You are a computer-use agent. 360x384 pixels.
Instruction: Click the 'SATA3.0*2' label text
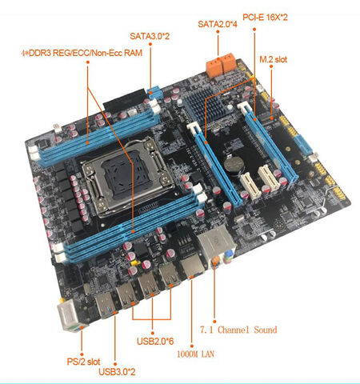150,36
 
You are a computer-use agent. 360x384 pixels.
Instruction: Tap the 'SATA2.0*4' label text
218,24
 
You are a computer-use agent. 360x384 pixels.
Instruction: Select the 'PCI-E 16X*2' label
265,18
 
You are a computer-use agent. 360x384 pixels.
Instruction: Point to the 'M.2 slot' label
274,59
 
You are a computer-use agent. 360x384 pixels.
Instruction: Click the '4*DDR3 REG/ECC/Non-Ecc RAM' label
82,53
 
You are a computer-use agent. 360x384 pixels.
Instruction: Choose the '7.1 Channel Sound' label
238,330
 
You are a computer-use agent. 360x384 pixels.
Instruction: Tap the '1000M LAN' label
195,354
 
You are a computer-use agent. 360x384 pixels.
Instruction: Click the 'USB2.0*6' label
155,341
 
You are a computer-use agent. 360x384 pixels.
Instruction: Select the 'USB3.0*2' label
117,371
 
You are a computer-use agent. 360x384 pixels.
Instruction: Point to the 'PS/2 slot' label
83,362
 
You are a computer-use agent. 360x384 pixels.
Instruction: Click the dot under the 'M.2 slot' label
271,66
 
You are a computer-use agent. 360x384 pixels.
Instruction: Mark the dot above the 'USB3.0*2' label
115,364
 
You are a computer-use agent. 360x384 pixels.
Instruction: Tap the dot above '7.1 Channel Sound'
214,322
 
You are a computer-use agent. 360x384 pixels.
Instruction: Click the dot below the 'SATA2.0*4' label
218,31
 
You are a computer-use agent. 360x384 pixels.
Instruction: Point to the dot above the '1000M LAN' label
192,346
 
